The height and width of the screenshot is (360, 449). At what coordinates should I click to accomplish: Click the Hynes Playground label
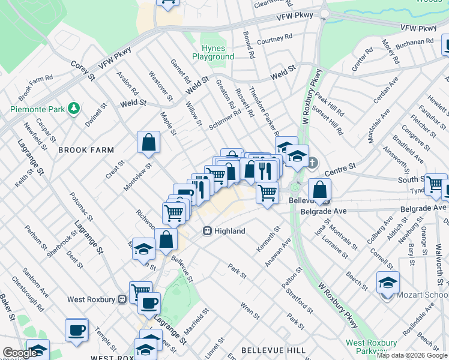213,52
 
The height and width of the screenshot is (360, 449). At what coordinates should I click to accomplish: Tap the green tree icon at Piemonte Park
74,108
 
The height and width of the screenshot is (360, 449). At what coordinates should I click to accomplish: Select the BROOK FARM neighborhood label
82,150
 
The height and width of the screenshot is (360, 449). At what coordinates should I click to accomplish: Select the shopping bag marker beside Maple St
148,143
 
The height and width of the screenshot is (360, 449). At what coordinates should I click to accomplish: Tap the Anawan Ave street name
282,251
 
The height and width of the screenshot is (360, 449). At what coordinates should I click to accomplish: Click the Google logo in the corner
20,353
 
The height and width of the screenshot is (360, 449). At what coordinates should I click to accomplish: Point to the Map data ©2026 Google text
411,355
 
